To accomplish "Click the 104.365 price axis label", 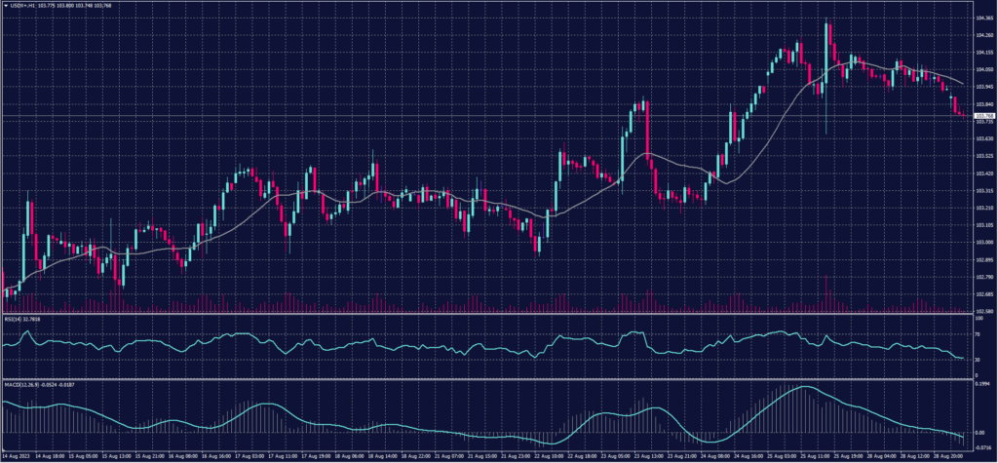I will click(983, 18).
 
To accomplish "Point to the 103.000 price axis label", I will click(983, 242).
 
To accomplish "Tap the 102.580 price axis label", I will click(983, 311).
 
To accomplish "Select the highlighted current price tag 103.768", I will click(983, 116).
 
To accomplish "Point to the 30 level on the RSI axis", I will click(978, 359).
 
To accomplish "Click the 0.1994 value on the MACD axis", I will click(982, 384).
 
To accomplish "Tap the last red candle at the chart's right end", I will click(962, 113).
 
